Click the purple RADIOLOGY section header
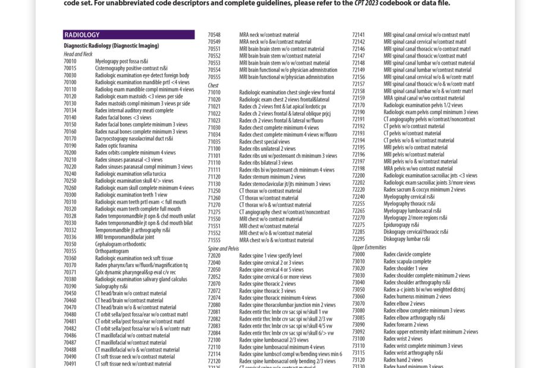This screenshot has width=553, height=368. [128, 35]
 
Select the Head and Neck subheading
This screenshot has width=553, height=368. [78, 54]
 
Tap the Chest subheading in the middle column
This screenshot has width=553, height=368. [213, 85]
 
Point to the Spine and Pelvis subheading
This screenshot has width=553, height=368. [223, 249]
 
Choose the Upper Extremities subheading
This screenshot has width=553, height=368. [369, 247]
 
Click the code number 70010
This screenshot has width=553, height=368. [70, 61]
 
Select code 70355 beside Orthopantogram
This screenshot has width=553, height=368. [70, 251]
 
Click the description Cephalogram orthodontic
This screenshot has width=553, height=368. [120, 244]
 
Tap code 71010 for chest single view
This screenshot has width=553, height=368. [214, 93]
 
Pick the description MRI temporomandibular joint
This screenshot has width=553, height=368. [124, 237]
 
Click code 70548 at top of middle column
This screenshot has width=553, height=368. [214, 35]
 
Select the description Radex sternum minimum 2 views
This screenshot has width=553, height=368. [272, 177]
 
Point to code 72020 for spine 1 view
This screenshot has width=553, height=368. [214, 256]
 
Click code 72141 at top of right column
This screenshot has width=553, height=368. [359, 35]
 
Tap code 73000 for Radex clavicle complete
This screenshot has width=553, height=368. [359, 254]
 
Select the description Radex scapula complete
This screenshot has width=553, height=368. [407, 261]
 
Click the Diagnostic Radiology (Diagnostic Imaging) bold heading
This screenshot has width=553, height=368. [111, 46]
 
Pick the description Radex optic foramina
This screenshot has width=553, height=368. [116, 145]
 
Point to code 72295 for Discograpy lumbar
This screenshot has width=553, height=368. [359, 239]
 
